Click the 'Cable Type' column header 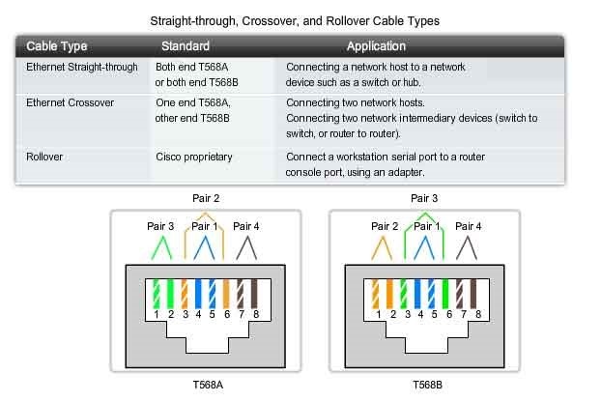coord(57,46)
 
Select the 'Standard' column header coord(186,46)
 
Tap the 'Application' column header coord(376,46)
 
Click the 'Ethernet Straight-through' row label coord(81,67)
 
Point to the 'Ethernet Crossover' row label coord(70,102)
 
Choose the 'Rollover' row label coord(44,157)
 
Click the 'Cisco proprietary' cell coord(194,158)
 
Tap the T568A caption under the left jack coord(208,385)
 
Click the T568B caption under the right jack coord(427,385)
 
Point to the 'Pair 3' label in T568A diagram coord(160,226)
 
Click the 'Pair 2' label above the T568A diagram coord(206,198)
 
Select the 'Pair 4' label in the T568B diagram coord(469,226)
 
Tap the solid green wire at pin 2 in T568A coord(170,294)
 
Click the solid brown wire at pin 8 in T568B coord(473,294)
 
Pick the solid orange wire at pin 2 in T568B coord(389,294)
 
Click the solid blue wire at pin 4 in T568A coord(198,294)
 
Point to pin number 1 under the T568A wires coord(156,314)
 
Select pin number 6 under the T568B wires coord(449,314)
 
